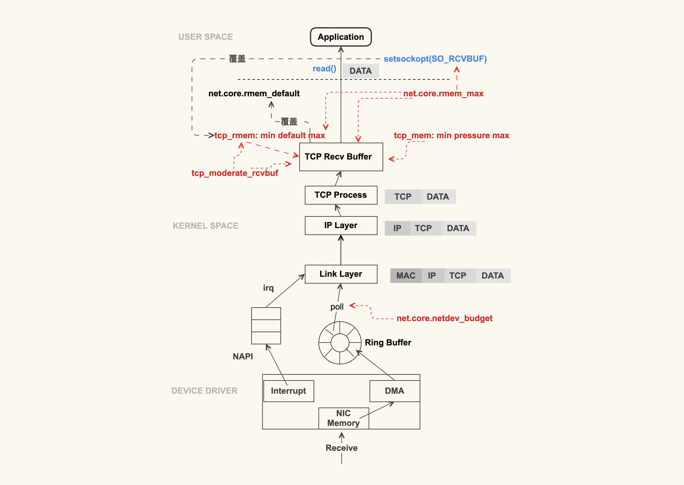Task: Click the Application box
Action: pyautogui.click(x=341, y=37)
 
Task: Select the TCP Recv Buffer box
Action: pyautogui.click(x=341, y=157)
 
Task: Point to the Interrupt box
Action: pyautogui.click(x=288, y=391)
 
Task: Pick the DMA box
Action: pyautogui.click(x=394, y=391)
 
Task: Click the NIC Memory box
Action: pyautogui.click(x=343, y=418)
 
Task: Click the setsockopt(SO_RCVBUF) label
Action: pyautogui.click(x=435, y=59)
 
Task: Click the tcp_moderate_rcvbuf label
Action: pyautogui.click(x=235, y=173)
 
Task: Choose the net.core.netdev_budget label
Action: pyautogui.click(x=444, y=318)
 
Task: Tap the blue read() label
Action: pyautogui.click(x=324, y=69)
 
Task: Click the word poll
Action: pyautogui.click(x=337, y=307)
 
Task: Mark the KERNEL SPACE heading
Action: pyautogui.click(x=206, y=226)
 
